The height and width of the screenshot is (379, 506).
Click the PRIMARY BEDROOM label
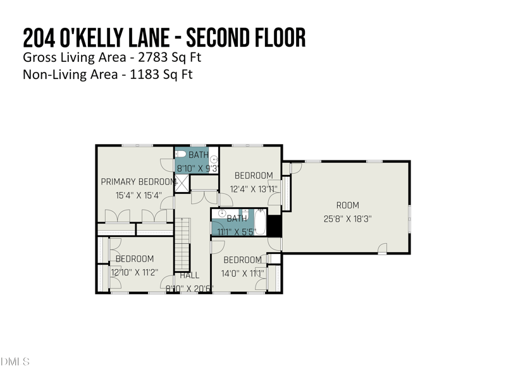pos(139,182)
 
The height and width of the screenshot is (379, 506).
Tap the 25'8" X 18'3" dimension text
pos(347,219)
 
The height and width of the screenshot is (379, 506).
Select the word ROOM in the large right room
pos(347,205)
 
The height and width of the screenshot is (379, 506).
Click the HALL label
pos(189,275)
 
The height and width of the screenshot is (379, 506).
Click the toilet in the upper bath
pos(180,154)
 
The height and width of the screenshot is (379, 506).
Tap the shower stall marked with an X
pos(182,183)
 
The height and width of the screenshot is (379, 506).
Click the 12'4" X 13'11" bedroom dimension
pos(254,188)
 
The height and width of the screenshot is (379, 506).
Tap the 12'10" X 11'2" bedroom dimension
pos(134,272)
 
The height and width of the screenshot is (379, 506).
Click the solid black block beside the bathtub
pos(274,226)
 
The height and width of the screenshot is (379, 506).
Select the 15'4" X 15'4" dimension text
pos(139,196)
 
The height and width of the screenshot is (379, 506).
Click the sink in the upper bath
pos(214,159)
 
